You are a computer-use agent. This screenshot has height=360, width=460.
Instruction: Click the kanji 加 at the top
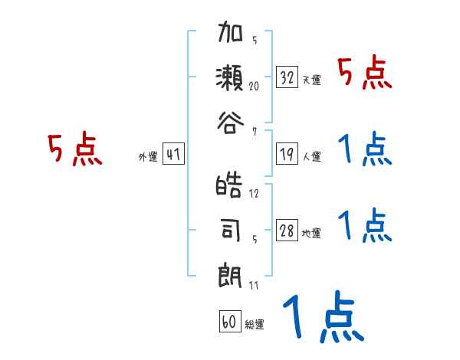click(x=231, y=35)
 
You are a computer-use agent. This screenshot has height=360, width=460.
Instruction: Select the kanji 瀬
click(x=231, y=77)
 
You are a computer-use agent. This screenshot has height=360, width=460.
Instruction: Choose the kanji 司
click(x=231, y=228)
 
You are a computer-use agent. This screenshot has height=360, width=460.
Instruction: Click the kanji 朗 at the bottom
click(x=231, y=272)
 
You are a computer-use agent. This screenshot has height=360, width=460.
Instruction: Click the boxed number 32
click(x=287, y=77)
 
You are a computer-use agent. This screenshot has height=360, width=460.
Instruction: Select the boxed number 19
click(x=287, y=155)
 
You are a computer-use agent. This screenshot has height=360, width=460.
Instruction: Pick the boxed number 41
click(x=173, y=155)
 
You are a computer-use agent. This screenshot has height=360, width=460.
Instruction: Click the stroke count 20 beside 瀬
click(x=255, y=87)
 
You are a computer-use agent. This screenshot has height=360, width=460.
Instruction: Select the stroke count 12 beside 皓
click(x=255, y=193)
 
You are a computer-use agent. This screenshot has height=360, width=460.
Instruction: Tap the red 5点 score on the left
click(x=74, y=149)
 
